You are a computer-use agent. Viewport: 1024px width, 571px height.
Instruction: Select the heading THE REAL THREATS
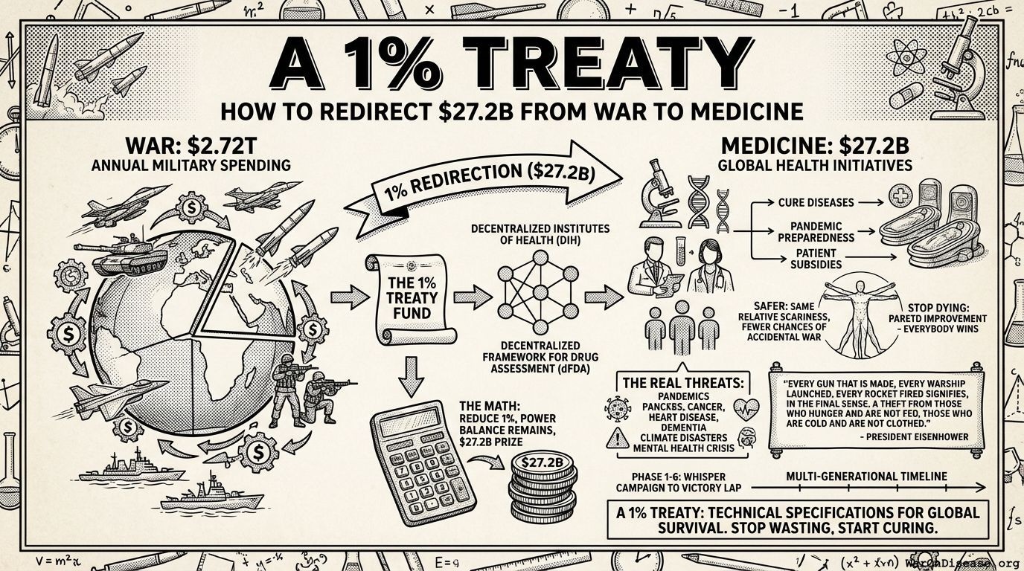[677, 384]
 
